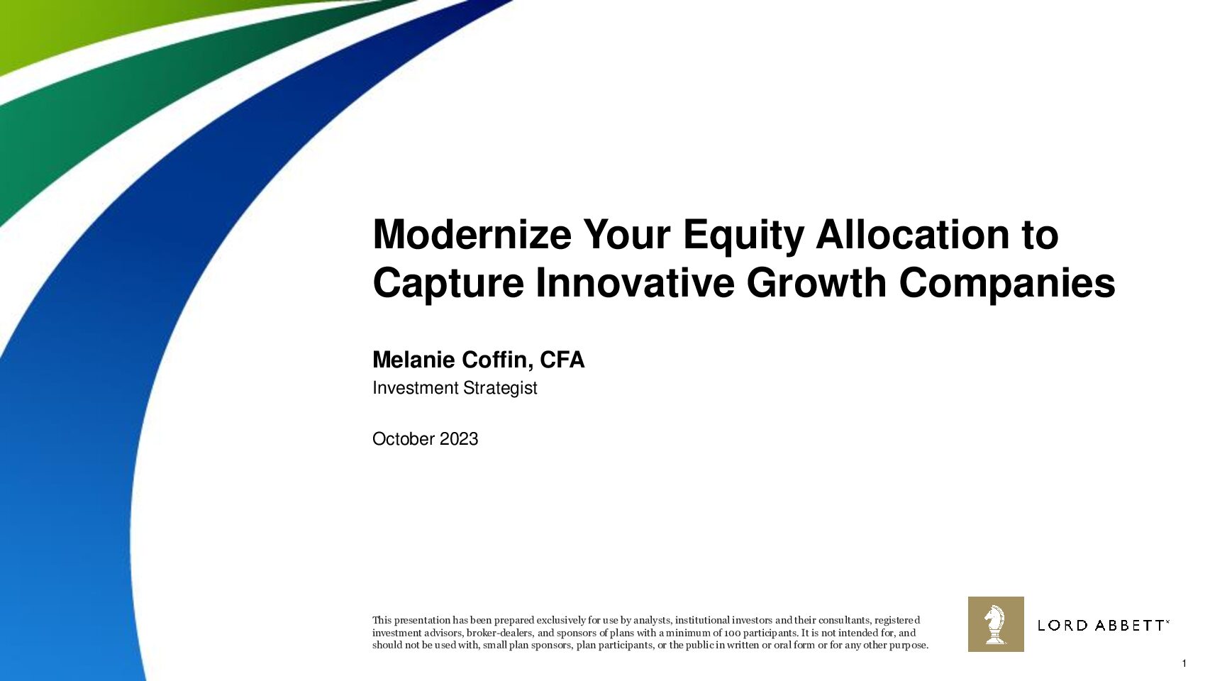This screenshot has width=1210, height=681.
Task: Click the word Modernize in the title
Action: tap(472, 235)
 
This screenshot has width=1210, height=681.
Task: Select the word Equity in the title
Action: tap(743, 238)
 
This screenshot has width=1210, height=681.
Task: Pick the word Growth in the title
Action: tap(816, 282)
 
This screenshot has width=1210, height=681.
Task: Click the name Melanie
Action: tap(413, 360)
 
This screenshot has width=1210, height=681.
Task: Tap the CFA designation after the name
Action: tap(562, 360)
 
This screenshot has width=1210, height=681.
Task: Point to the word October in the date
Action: tap(404, 439)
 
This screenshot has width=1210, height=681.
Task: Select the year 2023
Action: tap(459, 439)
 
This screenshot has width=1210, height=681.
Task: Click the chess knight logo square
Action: tap(996, 624)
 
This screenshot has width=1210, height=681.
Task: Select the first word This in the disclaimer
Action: tap(382, 620)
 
